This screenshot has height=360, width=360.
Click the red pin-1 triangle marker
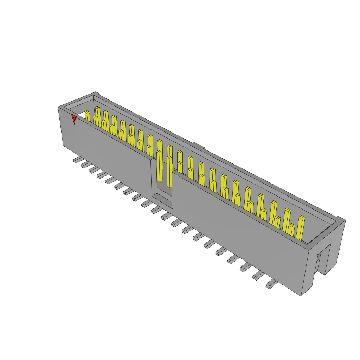[74, 119]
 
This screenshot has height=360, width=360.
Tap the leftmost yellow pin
[87, 116]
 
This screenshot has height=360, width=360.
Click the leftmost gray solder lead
[76, 160]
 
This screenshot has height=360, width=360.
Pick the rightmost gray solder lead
[271, 284]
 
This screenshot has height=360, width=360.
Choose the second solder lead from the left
[85, 165]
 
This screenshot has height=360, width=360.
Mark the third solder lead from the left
[93, 170]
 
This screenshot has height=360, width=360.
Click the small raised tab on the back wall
[198, 146]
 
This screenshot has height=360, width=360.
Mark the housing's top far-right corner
[345, 220]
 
